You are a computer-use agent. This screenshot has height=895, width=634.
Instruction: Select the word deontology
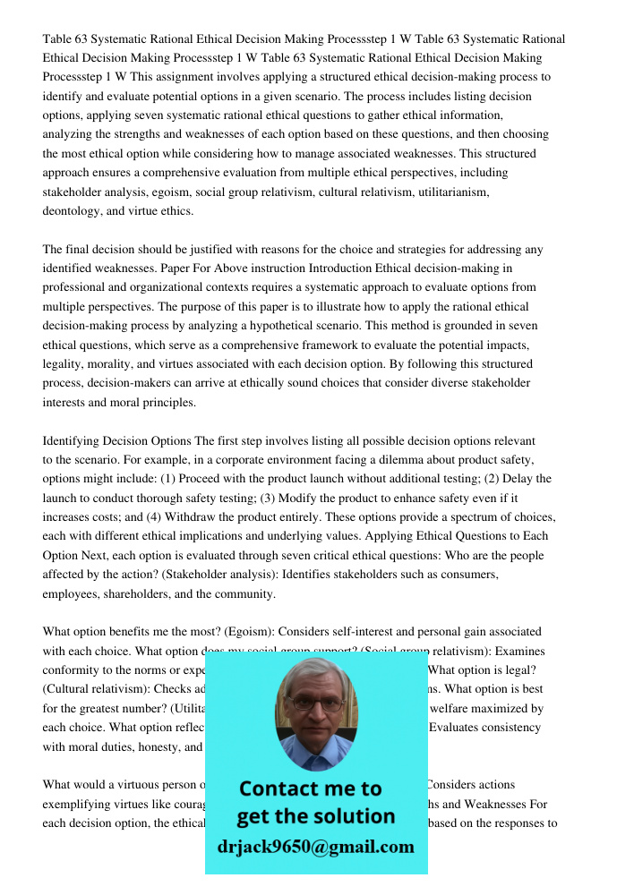74,211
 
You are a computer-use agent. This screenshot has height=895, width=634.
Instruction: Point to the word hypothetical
383,326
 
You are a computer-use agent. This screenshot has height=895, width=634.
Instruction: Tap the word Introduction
372,268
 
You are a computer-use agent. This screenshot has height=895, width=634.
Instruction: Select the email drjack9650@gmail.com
315,847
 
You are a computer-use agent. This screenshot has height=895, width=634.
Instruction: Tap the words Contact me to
310,788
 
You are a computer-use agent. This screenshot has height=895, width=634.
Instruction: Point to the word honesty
156,747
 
